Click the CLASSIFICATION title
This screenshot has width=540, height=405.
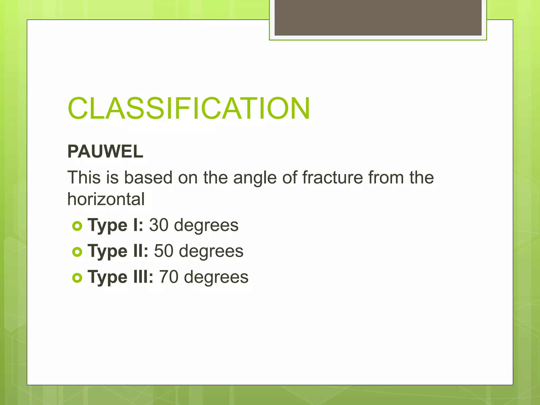pos(189,108)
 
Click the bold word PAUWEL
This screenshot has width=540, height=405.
pos(105,152)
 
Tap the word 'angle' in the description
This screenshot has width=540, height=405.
pos(255,177)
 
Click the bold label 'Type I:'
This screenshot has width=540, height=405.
pos(115,225)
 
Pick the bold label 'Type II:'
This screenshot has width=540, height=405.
pos(118,251)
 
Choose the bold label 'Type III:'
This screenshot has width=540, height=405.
pos(120,277)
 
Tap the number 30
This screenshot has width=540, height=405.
pos(159,225)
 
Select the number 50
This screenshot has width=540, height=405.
pos(163,251)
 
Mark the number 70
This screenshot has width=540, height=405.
pos(169,277)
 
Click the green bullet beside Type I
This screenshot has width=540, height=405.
pos(77,226)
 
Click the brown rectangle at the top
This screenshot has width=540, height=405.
pos(378,17)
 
